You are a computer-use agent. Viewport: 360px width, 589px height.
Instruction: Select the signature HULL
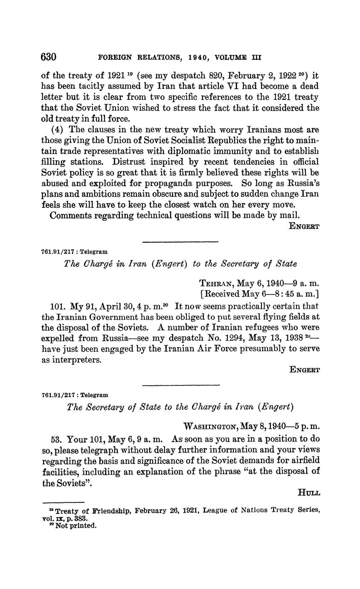pos(308,493)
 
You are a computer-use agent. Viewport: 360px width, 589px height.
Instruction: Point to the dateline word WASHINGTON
pos(211,426)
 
